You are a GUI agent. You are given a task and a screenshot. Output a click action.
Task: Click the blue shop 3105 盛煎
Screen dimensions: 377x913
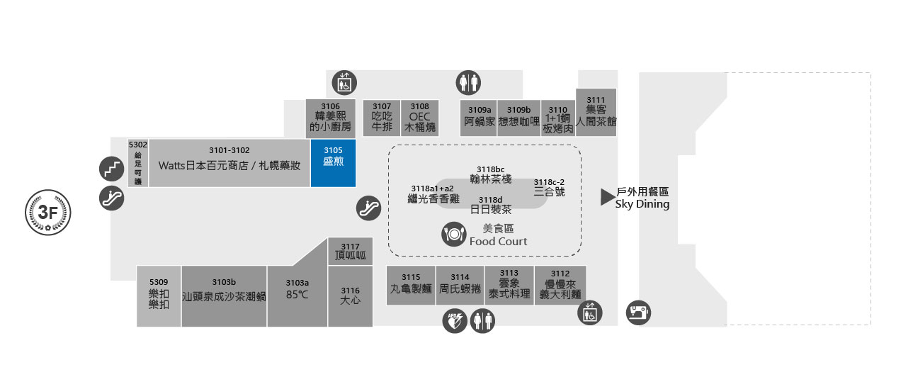tap(333, 163)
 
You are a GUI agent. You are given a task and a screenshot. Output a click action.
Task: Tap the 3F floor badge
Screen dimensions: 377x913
tap(47, 211)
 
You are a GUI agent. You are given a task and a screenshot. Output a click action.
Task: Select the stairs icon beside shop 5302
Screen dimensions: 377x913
tap(111, 169)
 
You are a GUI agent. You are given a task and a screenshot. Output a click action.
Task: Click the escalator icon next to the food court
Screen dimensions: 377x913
tap(368, 208)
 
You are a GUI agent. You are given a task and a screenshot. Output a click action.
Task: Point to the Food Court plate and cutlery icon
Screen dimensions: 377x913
tap(454, 234)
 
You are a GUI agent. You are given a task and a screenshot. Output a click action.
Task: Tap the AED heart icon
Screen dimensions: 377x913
tap(453, 320)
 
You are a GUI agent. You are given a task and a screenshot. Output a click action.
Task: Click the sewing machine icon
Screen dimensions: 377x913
tap(638, 312)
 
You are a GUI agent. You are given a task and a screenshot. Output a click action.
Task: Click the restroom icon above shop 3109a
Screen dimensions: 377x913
tap(468, 82)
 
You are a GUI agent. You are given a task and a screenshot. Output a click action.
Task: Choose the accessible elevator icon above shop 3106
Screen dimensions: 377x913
tap(344, 82)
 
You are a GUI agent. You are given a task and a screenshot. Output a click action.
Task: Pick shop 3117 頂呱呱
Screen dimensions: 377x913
tap(351, 252)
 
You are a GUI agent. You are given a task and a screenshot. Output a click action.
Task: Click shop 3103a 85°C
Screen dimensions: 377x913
tap(297, 296)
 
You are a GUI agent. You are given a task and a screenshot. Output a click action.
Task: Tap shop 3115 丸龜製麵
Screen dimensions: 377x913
tap(411, 285)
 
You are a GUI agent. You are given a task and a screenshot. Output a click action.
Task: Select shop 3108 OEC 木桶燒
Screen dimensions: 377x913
tap(419, 118)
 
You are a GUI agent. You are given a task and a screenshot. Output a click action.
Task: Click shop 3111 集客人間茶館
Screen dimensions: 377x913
tap(596, 112)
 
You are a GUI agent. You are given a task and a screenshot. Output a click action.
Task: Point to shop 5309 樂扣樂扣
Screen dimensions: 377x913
tap(159, 296)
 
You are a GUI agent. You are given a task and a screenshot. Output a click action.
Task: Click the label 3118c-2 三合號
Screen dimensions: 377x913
tap(549, 187)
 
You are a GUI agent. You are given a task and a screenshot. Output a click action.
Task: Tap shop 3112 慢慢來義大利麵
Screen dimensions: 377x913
tap(560, 285)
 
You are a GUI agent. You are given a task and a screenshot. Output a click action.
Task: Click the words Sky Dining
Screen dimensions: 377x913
tap(642, 204)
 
